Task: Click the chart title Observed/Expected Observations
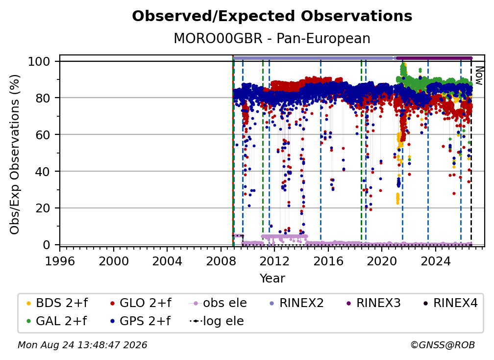pos(272,16)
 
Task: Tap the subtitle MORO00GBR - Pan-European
pos(272,38)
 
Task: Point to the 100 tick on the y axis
pos(39,61)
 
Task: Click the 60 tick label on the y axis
pos(43,135)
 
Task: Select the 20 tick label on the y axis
pos(43,208)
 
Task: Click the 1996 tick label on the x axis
pos(60,261)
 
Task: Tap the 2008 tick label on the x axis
pos(221,261)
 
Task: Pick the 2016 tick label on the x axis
pos(328,261)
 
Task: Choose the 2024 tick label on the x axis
pos(436,261)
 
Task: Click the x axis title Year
pos(272,279)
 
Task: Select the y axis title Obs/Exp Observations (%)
pos(15,154)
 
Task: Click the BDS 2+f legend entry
pos(57,303)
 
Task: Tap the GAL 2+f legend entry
pos(57,321)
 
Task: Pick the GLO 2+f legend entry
pos(141,303)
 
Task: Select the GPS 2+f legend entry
pos(140,321)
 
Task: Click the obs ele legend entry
pos(219,303)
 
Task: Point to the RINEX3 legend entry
pos(373,303)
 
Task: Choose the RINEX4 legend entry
pos(450,303)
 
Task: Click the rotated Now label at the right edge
pos(479,76)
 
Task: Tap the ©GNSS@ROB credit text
pos(443,345)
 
